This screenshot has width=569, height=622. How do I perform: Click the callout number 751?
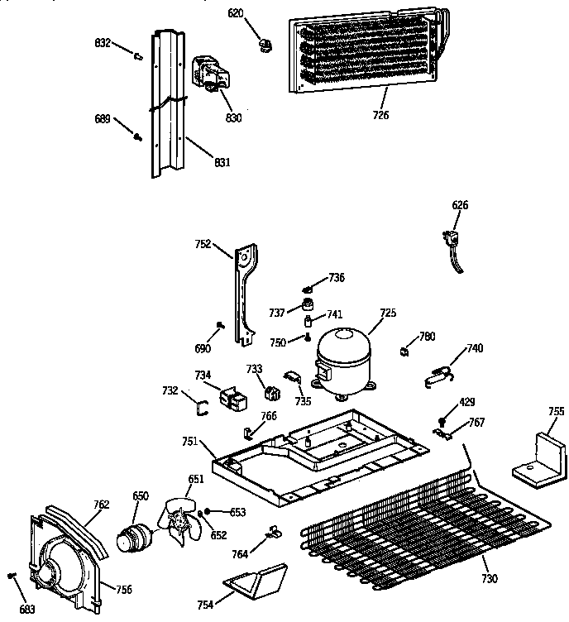click(x=189, y=442)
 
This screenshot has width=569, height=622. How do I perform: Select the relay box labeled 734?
click(x=233, y=398)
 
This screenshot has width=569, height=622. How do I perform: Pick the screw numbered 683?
click(x=12, y=577)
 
